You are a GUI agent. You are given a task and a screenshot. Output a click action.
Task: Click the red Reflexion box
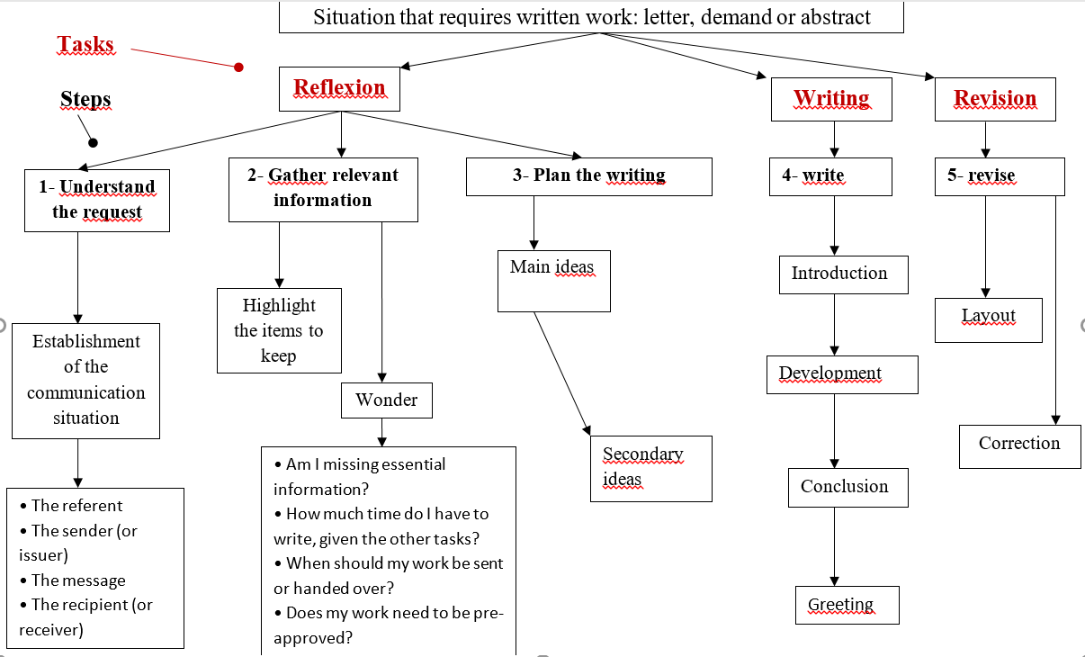[339, 89]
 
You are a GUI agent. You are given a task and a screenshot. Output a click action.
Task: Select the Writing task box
[831, 99]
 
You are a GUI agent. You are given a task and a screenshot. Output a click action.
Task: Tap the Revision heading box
[995, 99]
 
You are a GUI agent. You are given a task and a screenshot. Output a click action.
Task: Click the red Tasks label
[85, 45]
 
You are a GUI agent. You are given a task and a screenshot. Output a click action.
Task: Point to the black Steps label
[85, 99]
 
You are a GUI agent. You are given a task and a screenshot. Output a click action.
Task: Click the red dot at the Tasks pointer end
[238, 67]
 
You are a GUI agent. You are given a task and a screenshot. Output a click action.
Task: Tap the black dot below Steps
[93, 143]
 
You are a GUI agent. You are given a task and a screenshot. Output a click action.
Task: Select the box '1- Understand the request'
[97, 201]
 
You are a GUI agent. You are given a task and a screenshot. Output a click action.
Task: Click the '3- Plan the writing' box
[589, 176]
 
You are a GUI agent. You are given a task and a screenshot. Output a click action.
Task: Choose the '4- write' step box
[830, 176]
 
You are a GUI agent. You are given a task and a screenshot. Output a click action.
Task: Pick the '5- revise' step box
[1000, 176]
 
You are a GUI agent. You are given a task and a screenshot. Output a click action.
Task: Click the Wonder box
[387, 400]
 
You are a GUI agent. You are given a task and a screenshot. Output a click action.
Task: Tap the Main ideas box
[554, 281]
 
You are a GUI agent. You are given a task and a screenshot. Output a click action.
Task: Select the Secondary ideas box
[651, 469]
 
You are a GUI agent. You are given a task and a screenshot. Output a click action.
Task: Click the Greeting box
[847, 605]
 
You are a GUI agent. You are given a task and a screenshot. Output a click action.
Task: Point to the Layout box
[989, 320]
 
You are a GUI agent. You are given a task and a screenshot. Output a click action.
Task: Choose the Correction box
[1019, 446]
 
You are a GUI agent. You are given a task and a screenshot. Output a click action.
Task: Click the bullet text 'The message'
[78, 580]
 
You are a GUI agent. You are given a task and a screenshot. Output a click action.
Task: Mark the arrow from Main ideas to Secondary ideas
[562, 373]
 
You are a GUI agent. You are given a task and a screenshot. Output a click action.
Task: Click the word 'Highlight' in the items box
[279, 306]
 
